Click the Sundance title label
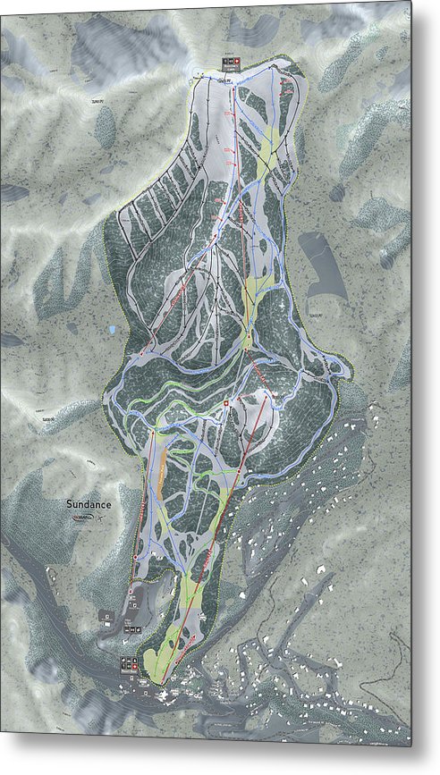[89, 504]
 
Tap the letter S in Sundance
[69, 504]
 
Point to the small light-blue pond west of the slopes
[111, 330]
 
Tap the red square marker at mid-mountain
[227, 405]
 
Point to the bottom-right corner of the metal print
[411, 746]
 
